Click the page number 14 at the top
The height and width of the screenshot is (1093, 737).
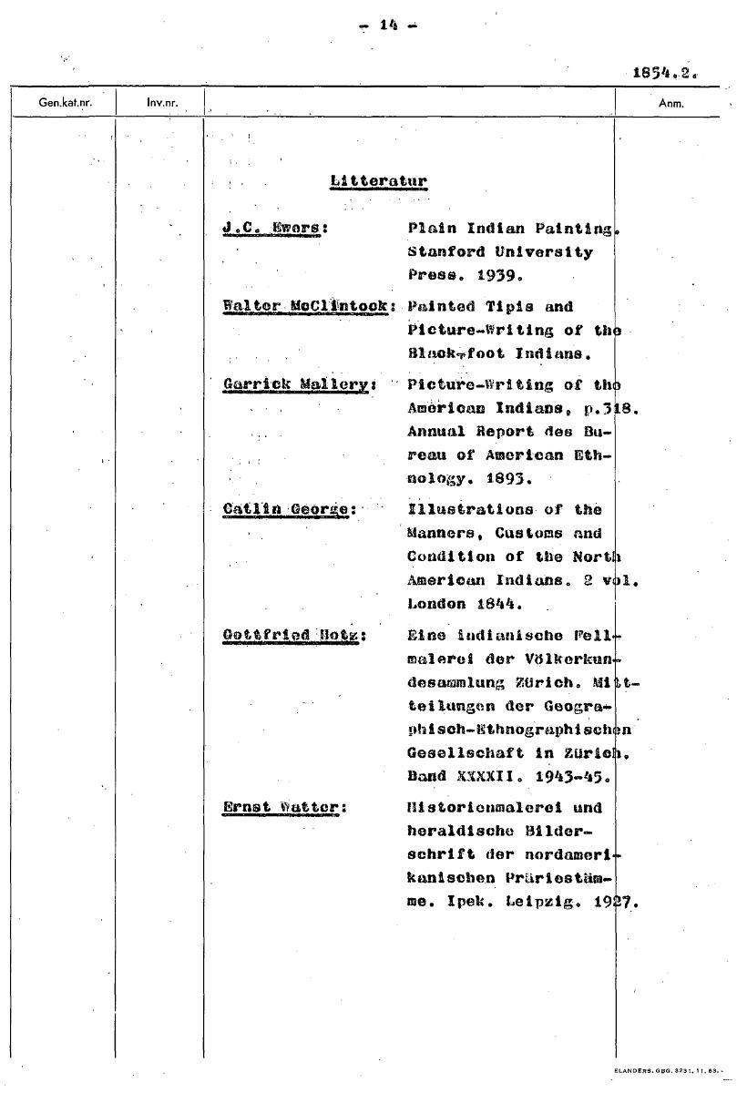point(389,26)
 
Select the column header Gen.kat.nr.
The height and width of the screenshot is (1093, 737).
point(65,103)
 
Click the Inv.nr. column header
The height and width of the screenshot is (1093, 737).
point(160,103)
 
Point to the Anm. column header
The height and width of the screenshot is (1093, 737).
point(670,103)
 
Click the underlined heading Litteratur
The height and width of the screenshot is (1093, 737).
point(378,180)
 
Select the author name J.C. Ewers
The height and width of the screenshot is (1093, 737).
point(275,229)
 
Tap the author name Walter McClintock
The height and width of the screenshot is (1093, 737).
point(308,307)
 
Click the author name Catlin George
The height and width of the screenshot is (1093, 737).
point(288,509)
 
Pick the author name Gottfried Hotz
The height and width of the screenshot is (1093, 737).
point(293,635)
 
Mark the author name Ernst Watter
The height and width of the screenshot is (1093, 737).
point(284,807)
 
